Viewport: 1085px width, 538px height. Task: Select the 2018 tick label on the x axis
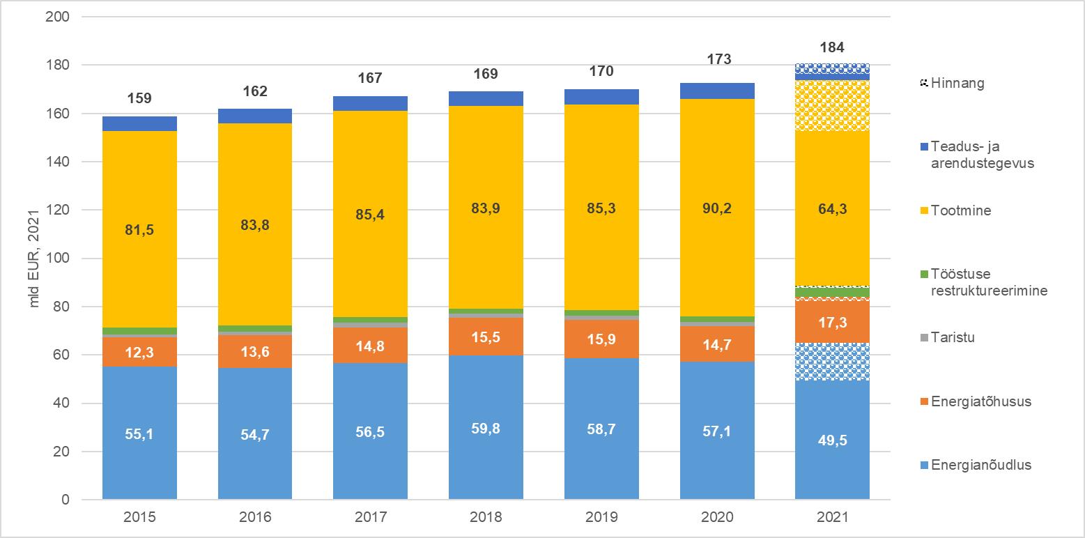point(486,518)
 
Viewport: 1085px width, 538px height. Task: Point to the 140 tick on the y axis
point(60,162)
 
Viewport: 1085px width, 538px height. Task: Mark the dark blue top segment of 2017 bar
point(370,103)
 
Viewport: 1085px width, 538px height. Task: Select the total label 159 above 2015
point(139,98)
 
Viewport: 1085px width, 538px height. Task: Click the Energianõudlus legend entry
point(975,466)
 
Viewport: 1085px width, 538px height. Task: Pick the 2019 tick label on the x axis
point(601,518)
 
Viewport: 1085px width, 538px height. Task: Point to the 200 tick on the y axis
point(60,17)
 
